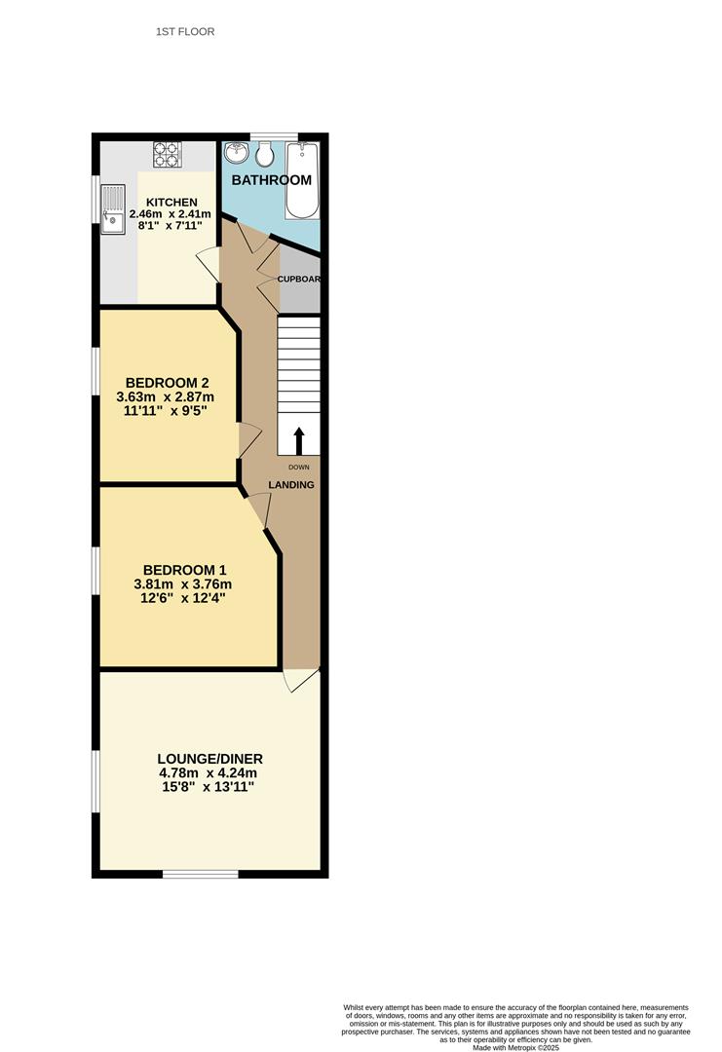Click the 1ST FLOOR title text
tap(185, 32)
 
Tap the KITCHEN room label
tap(171, 202)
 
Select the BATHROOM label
tap(271, 180)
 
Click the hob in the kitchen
tap(168, 154)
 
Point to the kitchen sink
tap(114, 219)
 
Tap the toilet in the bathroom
tap(264, 153)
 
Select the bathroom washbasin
tap(236, 153)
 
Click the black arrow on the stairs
tap(299, 439)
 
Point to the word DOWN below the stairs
tap(298, 468)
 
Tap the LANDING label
tap(291, 485)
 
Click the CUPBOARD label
tap(299, 279)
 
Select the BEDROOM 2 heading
tap(168, 382)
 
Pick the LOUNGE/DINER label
tap(210, 759)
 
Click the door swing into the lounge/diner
tap(299, 679)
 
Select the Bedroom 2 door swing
tap(248, 441)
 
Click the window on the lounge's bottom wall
tap(200, 874)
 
